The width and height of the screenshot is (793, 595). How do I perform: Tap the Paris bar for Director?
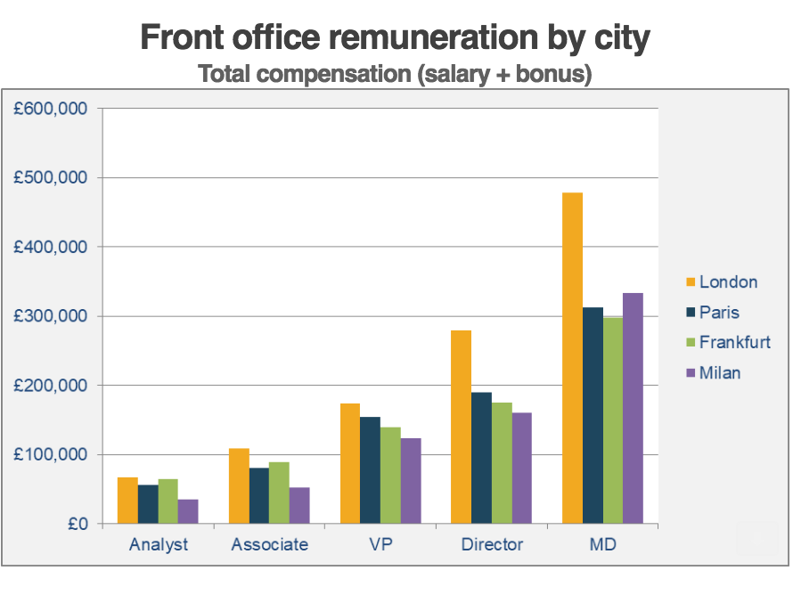[481, 458]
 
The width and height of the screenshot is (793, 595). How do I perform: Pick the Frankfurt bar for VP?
[390, 476]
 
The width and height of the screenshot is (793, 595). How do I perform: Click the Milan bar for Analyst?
[188, 511]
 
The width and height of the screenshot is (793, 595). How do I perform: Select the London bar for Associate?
[239, 486]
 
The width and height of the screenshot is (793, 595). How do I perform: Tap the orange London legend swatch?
[690, 282]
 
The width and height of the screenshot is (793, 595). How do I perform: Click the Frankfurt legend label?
[735, 342]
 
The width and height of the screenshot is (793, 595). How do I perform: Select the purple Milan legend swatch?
[690, 373]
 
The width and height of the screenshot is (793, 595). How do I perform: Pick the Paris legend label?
[719, 313]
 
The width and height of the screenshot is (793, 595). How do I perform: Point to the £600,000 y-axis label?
[50, 109]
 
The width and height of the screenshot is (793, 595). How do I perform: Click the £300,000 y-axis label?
[50, 316]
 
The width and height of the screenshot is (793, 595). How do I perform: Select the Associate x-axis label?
[269, 544]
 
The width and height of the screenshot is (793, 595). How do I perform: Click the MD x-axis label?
[603, 544]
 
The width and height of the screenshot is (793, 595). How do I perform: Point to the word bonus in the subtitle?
[550, 75]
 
